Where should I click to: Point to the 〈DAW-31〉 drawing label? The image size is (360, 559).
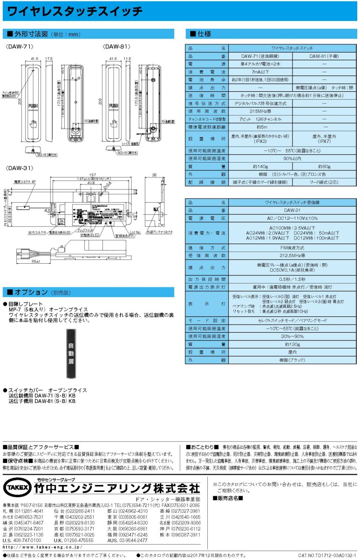click(20, 167)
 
